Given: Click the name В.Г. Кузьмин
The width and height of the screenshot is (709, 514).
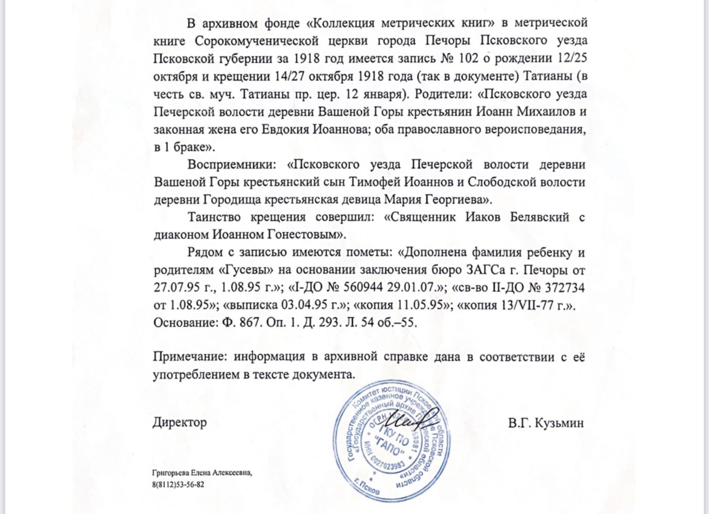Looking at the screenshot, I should tap(546, 423).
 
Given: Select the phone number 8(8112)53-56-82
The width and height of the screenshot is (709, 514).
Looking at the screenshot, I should tap(178, 485).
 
